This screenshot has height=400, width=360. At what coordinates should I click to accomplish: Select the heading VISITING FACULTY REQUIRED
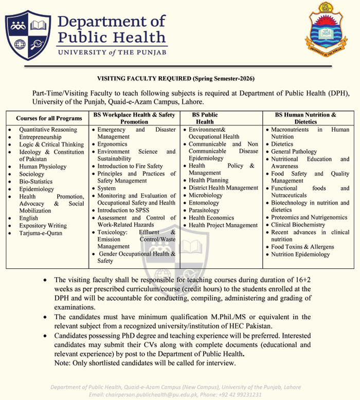pyautogui.click(x=144, y=79)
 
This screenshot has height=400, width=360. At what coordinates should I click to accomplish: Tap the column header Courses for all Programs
pyautogui.click(x=49, y=118)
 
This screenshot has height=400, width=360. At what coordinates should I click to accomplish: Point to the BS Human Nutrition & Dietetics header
pyautogui.click(x=305, y=118)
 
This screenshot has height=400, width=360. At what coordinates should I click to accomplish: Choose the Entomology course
pyautogui.click(x=205, y=203)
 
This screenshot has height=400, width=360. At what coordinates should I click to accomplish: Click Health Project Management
pyautogui.click(x=223, y=225)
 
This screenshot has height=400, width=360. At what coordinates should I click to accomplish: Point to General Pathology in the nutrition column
pyautogui.click(x=294, y=152)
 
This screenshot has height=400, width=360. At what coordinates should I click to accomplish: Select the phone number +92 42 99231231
pyautogui.click(x=242, y=394)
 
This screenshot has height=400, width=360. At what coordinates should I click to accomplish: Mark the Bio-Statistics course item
pyautogui.click(x=36, y=181)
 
